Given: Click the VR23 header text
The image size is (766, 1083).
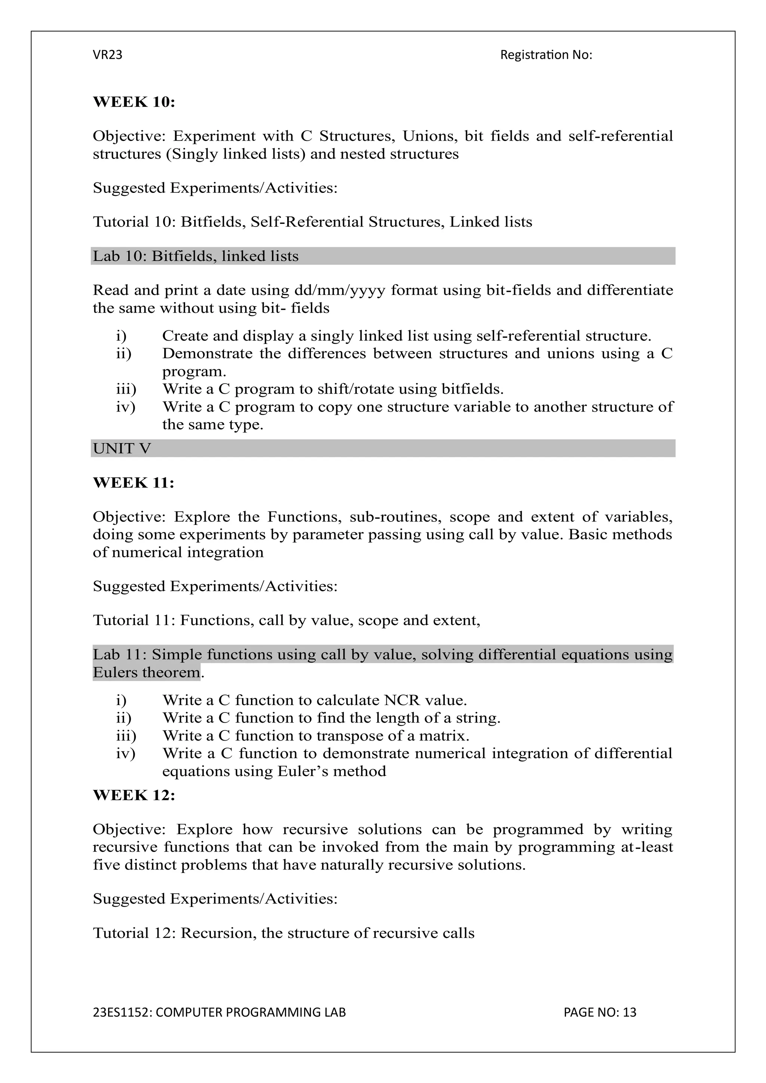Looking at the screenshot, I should (x=108, y=55).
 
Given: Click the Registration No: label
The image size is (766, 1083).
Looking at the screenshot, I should (x=546, y=55).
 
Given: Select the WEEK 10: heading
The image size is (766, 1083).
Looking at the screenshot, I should (x=134, y=102).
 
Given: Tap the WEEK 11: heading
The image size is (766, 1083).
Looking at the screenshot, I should (x=134, y=483).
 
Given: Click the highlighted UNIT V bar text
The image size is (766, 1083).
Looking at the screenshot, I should (x=122, y=449).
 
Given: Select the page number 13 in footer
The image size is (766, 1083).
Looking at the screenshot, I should (x=629, y=1012).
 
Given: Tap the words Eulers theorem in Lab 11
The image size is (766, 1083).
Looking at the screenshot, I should (x=146, y=672).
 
